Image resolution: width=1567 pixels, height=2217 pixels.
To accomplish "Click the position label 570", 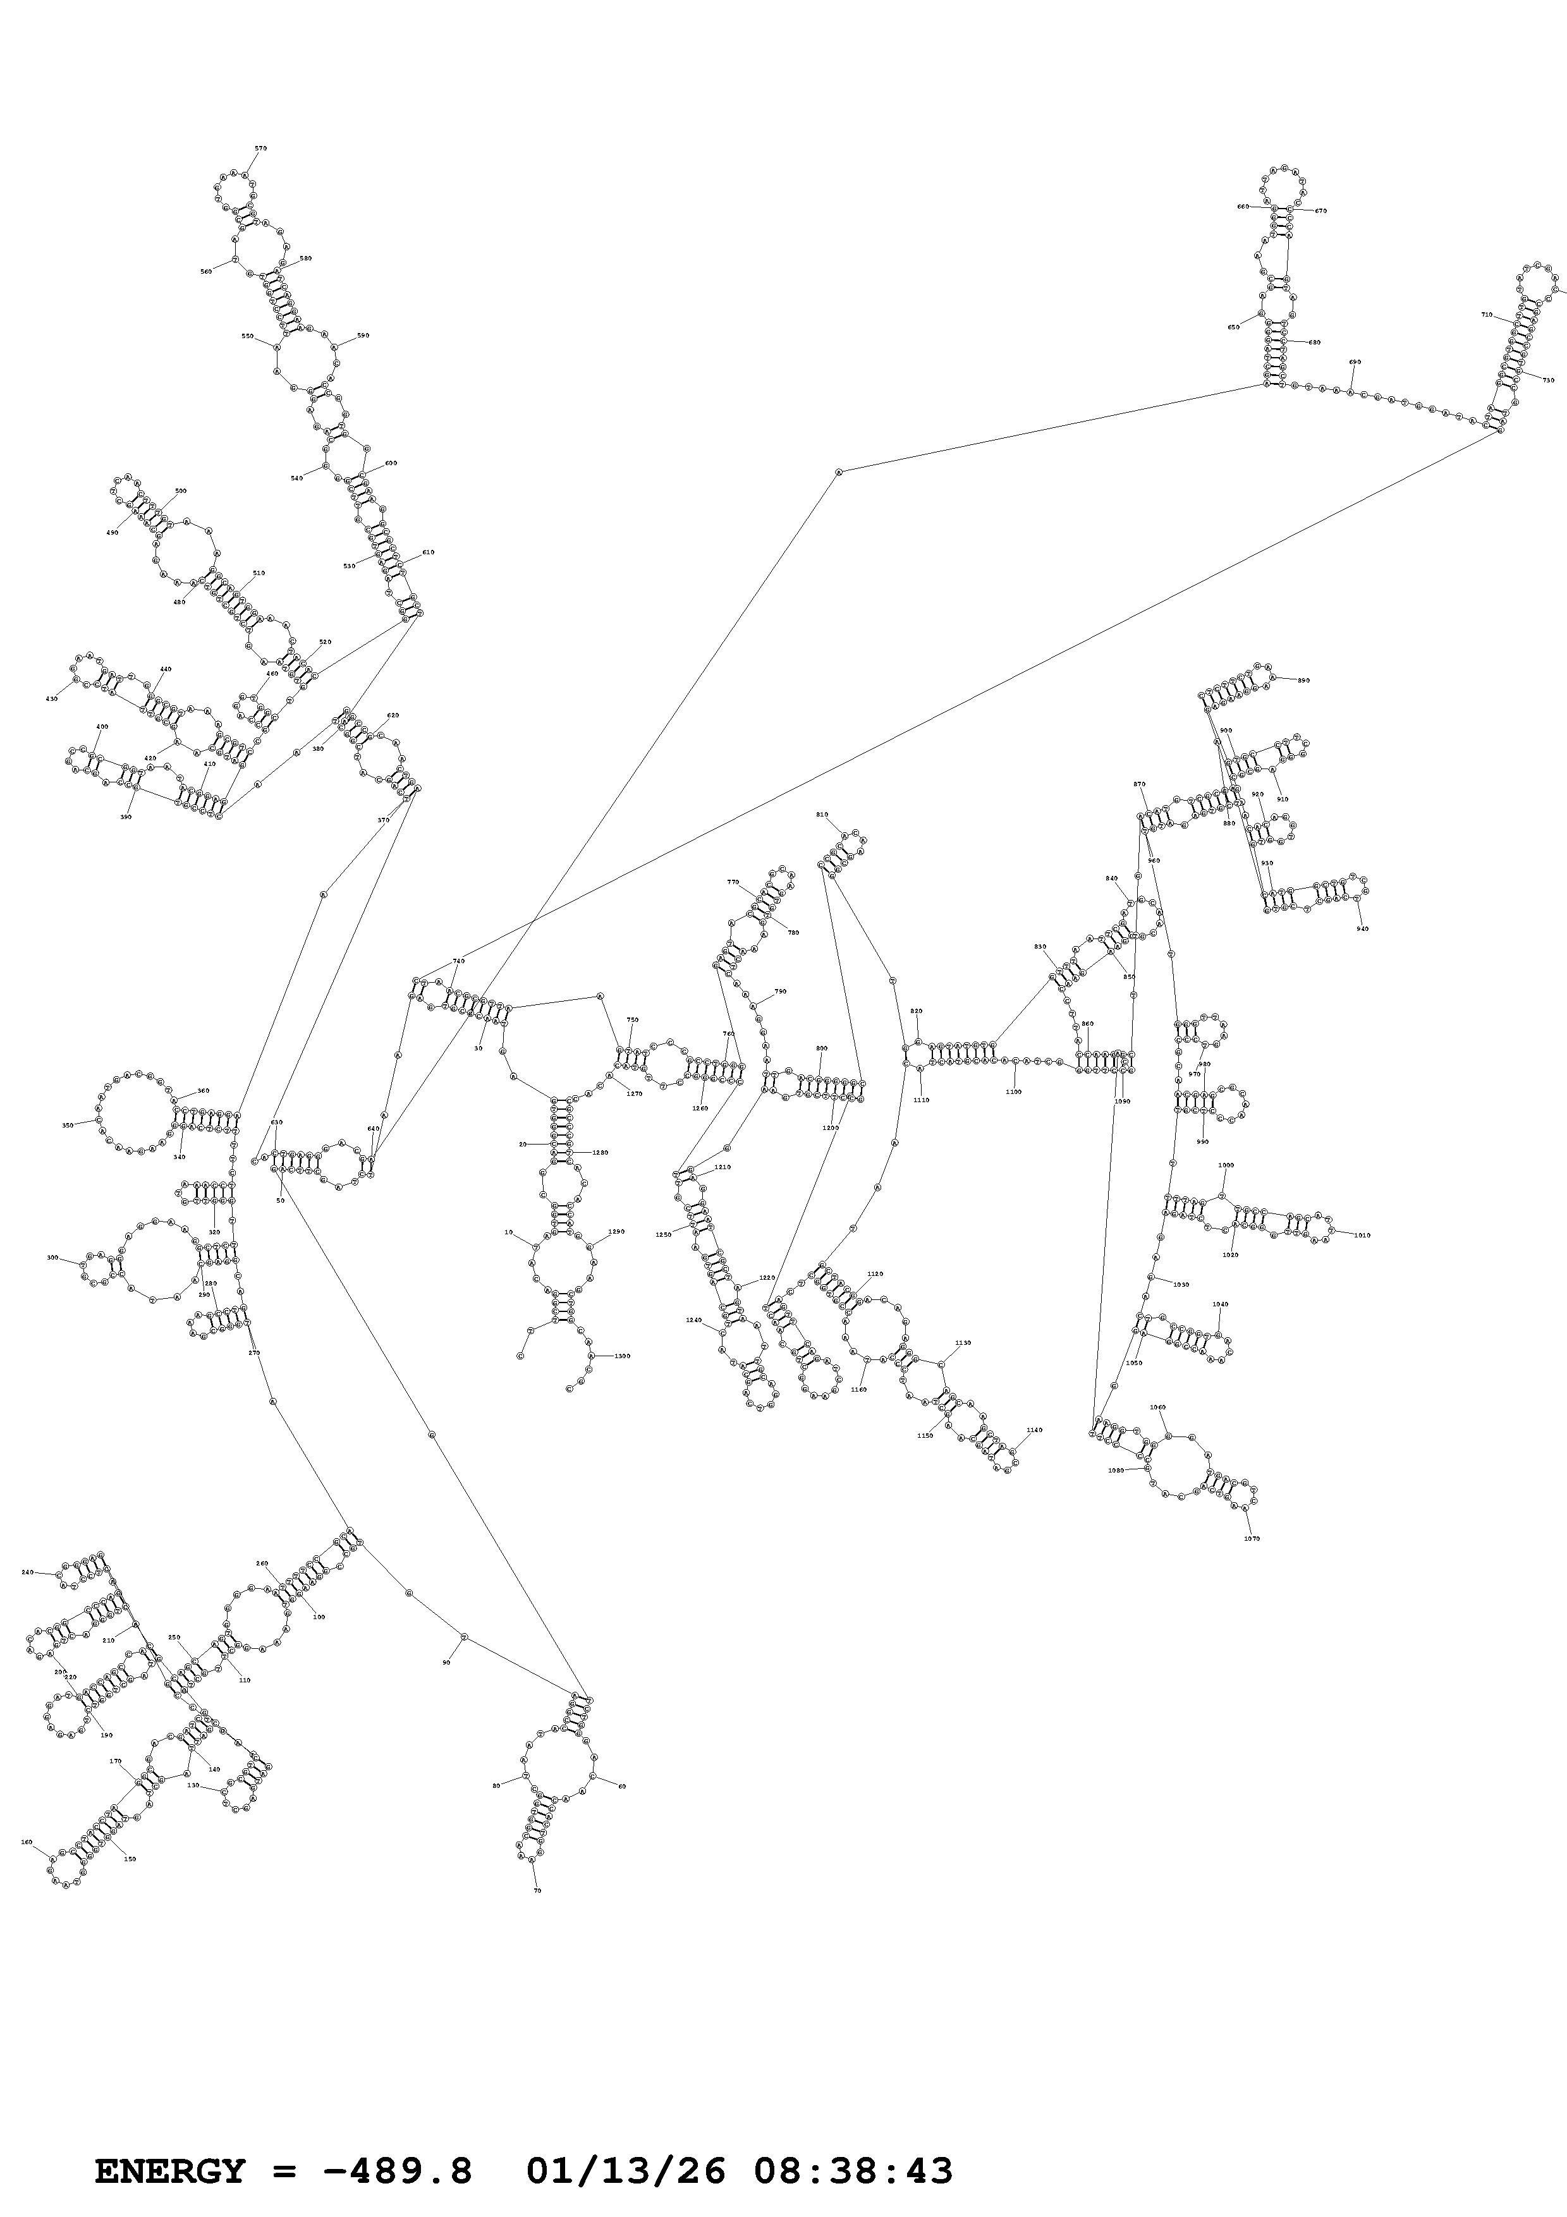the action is click(x=260, y=149).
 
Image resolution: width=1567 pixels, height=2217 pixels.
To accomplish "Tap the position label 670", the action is click(x=1321, y=210).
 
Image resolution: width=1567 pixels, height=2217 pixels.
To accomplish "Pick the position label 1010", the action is click(x=1362, y=1235).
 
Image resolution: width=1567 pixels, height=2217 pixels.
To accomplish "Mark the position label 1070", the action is click(x=1252, y=1538).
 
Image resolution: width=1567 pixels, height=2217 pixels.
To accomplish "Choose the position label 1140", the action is click(x=1035, y=1429).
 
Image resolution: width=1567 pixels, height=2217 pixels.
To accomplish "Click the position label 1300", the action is click(x=622, y=1356).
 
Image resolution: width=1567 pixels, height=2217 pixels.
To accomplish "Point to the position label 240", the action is click(x=27, y=1572).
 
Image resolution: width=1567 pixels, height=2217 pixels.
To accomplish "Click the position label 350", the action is click(x=68, y=1125).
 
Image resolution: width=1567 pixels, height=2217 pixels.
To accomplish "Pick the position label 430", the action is click(x=51, y=699).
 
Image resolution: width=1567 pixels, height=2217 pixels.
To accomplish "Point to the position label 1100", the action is click(x=1013, y=1091).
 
